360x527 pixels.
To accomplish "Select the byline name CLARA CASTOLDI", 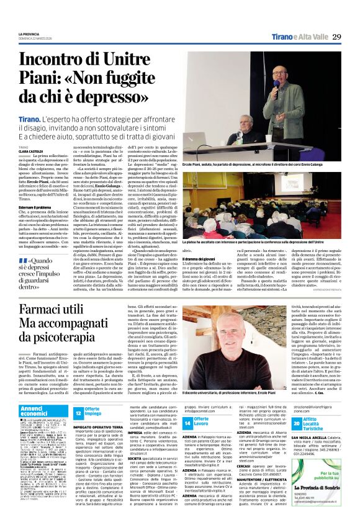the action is (x=32, y=151).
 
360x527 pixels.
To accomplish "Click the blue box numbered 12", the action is (x=79, y=413).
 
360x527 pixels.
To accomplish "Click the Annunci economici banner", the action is (x=36, y=411).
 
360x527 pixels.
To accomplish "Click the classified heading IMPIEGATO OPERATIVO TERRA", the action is (x=99, y=428).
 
